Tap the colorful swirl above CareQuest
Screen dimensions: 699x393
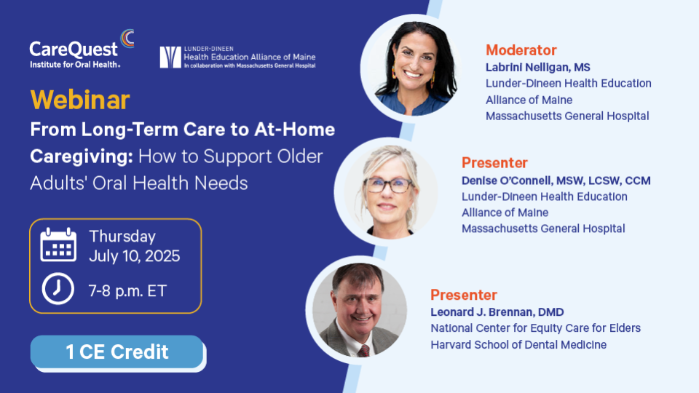(127, 39)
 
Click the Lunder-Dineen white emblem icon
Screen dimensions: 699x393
(170, 57)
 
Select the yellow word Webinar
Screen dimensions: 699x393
(80, 100)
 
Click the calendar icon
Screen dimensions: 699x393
(58, 245)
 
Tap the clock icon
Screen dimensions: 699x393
(58, 289)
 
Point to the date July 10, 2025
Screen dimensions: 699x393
(134, 256)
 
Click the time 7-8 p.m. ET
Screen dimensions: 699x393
(127, 291)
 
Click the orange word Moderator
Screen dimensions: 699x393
(521, 50)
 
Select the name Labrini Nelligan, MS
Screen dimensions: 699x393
(537, 67)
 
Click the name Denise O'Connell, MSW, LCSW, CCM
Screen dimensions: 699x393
(556, 180)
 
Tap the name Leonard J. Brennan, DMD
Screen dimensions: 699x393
(497, 312)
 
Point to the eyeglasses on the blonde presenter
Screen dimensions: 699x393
(388, 185)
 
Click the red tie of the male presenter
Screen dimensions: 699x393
(364, 351)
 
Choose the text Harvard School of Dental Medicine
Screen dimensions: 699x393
(518, 345)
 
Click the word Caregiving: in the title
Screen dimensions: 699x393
(82, 156)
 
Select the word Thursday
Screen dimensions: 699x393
(122, 236)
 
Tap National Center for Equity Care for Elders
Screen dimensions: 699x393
(535, 328)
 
